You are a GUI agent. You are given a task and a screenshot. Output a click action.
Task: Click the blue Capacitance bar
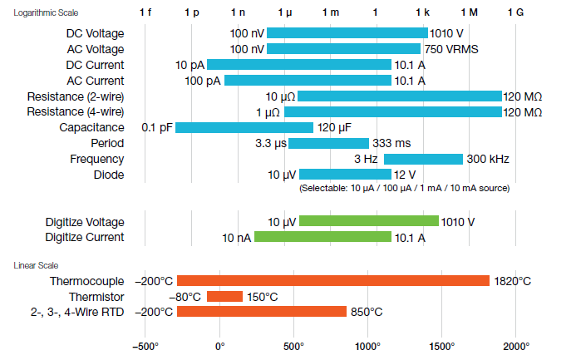point(244,127)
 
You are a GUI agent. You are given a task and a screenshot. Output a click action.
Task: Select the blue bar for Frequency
point(423,159)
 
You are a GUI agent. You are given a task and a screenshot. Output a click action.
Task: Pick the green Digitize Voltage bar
point(368,221)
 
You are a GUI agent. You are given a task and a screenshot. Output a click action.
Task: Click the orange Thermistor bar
point(224,297)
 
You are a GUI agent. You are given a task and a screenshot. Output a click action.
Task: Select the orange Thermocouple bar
point(332,281)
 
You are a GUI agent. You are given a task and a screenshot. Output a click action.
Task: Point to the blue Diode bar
point(345,175)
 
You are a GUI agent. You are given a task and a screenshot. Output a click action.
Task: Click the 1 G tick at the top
point(517,14)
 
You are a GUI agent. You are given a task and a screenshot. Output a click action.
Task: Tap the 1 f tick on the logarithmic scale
point(145,14)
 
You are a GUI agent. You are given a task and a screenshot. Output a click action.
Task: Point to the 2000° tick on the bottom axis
point(516,346)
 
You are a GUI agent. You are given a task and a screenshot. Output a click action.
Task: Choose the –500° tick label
point(145,346)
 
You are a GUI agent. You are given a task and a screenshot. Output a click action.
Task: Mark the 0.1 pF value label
point(157,127)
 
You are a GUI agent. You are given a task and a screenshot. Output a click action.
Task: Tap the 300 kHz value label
point(488,159)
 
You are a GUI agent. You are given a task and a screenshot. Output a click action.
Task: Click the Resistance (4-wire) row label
point(76,111)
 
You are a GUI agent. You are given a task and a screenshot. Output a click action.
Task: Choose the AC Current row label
point(94,81)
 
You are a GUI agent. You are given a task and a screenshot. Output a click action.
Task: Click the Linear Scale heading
point(36,265)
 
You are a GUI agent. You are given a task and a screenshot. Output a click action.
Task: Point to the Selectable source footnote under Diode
point(404,189)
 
